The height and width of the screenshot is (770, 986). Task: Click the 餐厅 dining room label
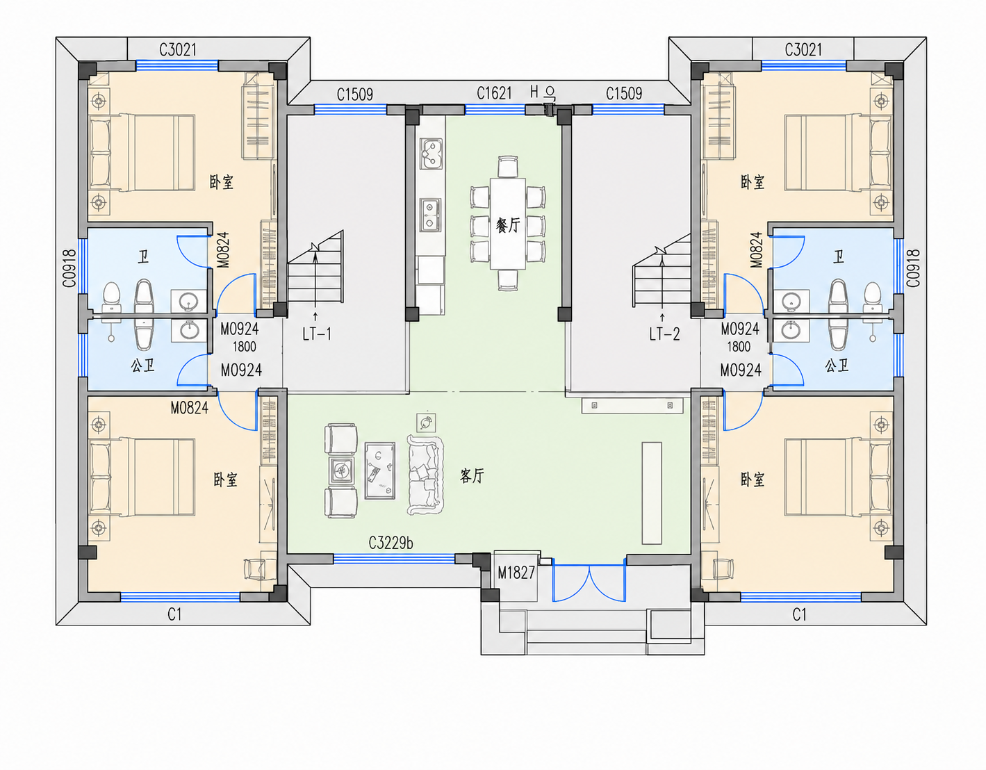[507, 225]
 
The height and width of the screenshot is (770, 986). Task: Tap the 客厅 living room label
[472, 475]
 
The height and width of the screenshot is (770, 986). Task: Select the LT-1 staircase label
[317, 334]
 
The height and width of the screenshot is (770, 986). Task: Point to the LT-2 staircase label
[664, 334]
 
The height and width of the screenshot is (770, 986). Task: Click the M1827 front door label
[516, 573]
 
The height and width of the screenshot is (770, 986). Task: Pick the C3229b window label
[391, 543]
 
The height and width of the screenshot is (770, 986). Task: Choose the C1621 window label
[494, 94]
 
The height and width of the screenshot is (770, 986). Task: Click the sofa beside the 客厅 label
[425, 475]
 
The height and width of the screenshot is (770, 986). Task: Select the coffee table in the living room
[380, 470]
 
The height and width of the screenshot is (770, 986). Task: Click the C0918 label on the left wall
[69, 268]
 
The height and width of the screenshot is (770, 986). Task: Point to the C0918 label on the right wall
[913, 268]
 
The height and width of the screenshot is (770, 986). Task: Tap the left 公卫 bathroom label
[143, 366]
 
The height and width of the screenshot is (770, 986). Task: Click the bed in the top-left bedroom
[142, 153]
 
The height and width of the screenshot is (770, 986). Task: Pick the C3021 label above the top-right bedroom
[803, 49]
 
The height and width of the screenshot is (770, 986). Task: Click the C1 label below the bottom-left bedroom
[174, 614]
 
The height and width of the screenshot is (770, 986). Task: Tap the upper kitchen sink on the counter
[431, 154]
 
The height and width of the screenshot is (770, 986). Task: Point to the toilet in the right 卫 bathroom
[872, 297]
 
